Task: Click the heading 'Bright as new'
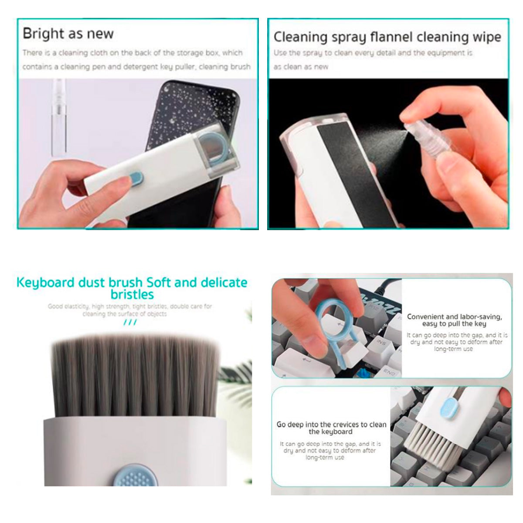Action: tap(68, 34)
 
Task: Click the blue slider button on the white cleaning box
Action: tap(136, 177)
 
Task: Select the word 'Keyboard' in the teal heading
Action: tap(45, 282)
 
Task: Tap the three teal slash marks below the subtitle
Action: tap(130, 322)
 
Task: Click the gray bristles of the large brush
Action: tap(135, 375)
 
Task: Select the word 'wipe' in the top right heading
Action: tap(487, 37)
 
